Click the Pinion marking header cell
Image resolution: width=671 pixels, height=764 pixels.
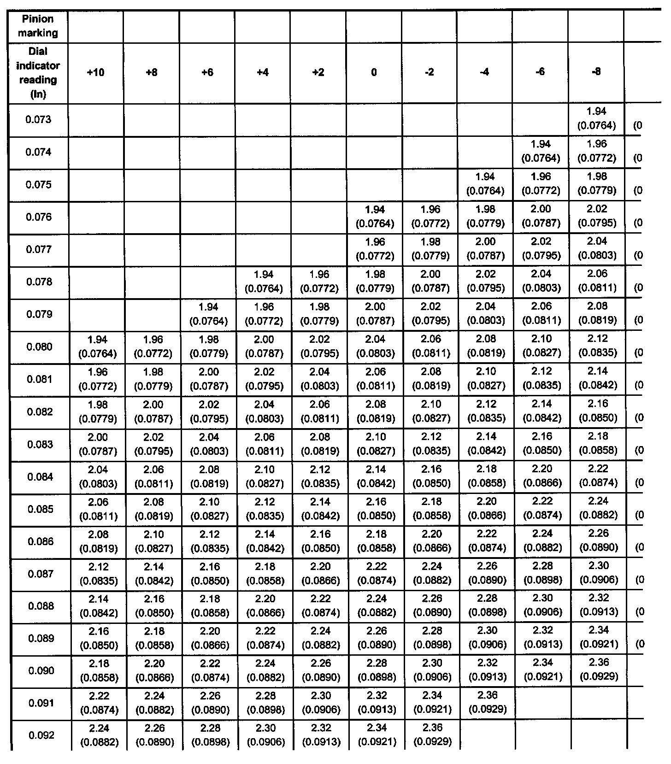click(x=38, y=26)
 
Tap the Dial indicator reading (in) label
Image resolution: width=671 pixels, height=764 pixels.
click(x=38, y=73)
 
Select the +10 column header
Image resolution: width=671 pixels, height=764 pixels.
click(x=96, y=72)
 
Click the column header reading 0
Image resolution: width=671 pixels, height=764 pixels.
click(x=374, y=72)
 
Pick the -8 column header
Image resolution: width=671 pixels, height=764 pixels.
click(x=596, y=72)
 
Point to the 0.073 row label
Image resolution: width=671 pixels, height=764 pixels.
click(x=38, y=120)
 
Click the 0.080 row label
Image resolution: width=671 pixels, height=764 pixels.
click(x=38, y=347)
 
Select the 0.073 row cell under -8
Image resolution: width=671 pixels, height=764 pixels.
click(x=597, y=118)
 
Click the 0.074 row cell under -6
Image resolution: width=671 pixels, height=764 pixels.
click(x=541, y=151)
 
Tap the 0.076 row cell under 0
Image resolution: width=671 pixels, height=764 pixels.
click(x=375, y=217)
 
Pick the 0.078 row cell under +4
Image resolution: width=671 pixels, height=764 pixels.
click(x=264, y=282)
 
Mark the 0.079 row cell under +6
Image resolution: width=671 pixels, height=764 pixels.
click(x=208, y=314)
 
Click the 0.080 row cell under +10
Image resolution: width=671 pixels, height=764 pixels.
click(x=97, y=347)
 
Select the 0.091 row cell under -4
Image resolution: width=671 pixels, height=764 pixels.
click(x=486, y=702)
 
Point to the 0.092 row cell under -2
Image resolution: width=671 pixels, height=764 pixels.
click(x=431, y=735)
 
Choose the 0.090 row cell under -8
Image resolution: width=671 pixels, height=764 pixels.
click(x=598, y=670)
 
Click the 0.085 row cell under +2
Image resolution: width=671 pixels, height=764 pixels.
click(x=319, y=509)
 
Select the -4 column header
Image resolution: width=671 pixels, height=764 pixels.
click(x=484, y=72)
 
